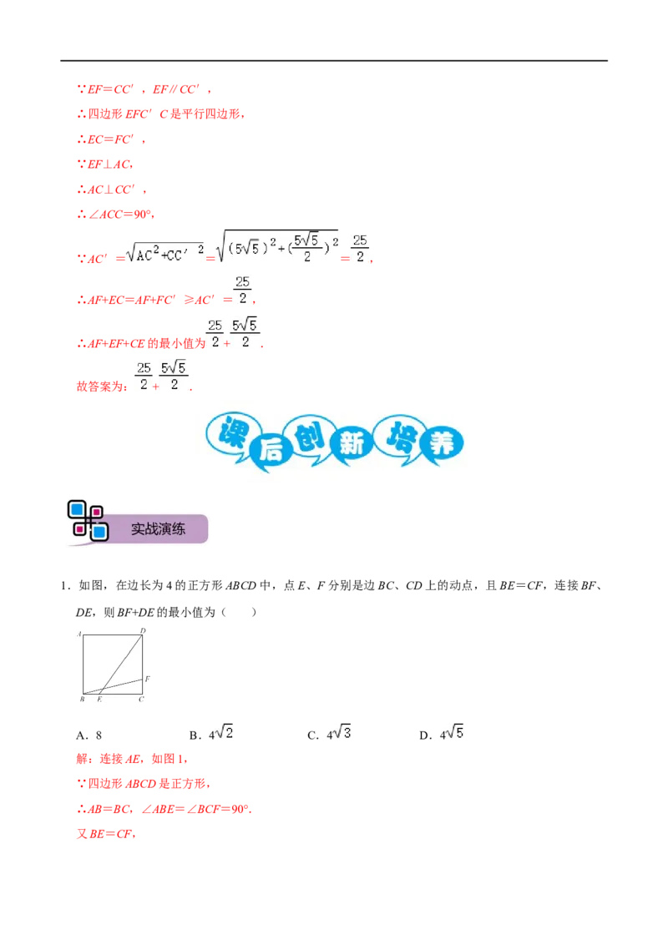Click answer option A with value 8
(89, 735)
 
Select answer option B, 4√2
(211, 734)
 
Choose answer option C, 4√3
(329, 734)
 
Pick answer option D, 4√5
(442, 734)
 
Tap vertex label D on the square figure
(143, 630)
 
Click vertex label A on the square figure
(79, 634)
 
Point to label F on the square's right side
(147, 679)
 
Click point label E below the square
(99, 699)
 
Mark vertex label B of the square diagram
(82, 699)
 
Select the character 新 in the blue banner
(352, 444)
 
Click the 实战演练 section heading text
(158, 529)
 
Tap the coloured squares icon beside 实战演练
(88, 520)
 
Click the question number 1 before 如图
(64, 586)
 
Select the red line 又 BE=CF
(106, 834)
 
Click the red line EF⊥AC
(105, 164)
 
